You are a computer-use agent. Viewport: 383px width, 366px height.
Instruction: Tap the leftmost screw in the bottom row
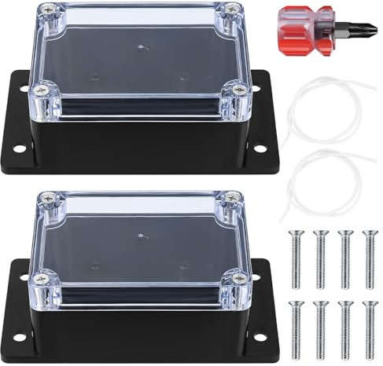click(x=296, y=324)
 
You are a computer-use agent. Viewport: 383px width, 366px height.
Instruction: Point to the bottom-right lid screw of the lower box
click(x=238, y=279)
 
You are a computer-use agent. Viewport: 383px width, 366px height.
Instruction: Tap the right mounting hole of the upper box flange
click(x=260, y=148)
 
